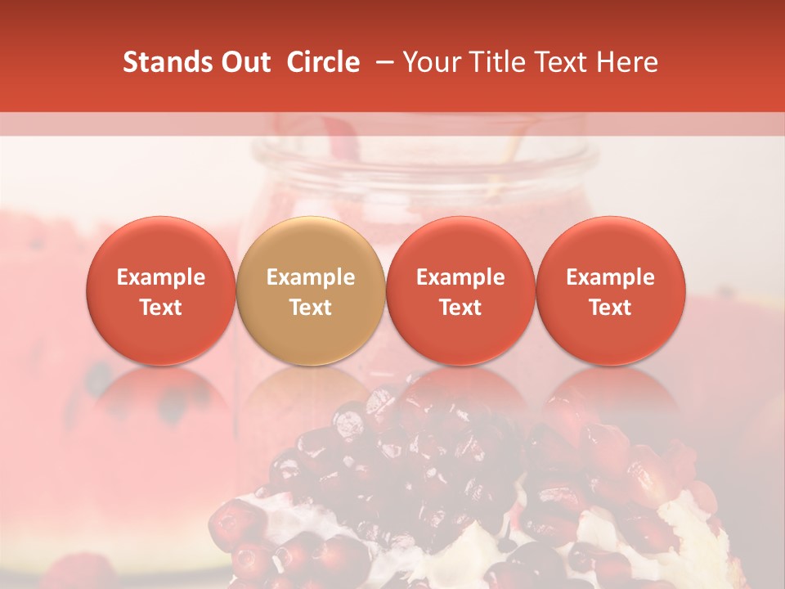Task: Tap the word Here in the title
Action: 629,62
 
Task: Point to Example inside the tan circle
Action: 311,277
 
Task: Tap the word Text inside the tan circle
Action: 311,308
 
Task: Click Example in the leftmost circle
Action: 161,277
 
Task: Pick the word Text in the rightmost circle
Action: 610,308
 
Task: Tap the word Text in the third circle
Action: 460,308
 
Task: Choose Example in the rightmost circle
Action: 610,277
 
